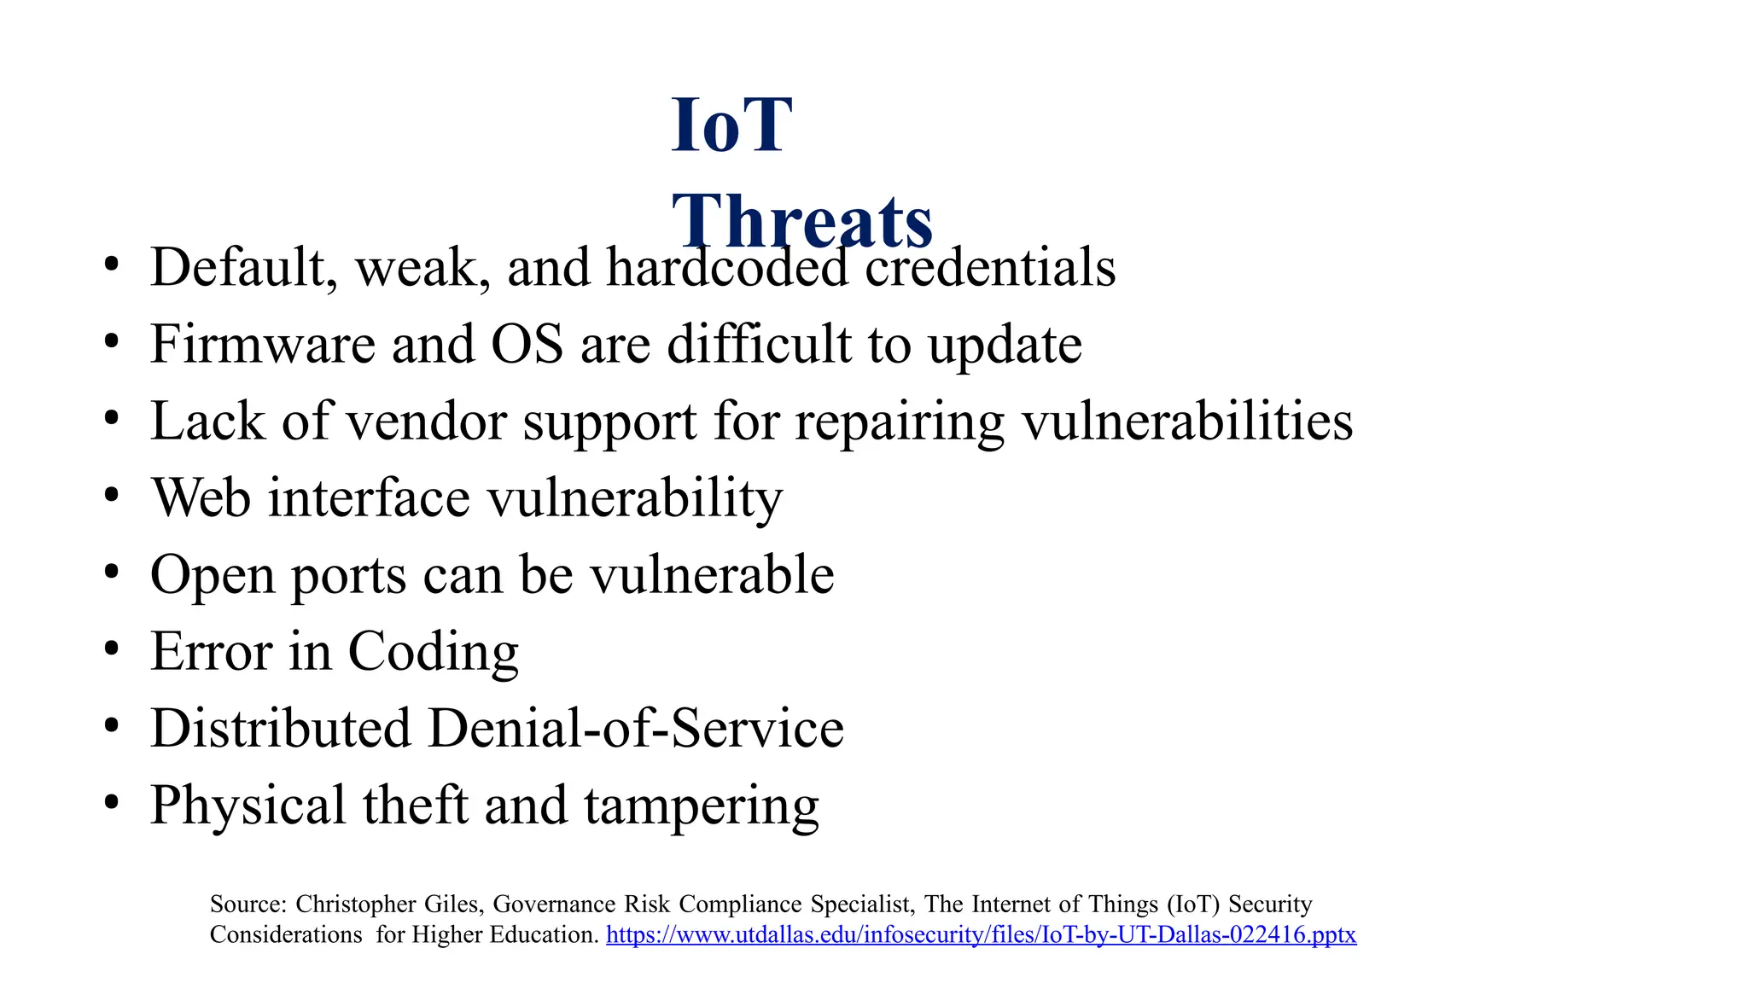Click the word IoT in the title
pos(731,125)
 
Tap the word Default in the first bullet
pos(238,267)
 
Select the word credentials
pos(990,267)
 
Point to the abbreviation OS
pos(527,344)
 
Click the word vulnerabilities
pos(1187,422)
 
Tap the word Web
pos(202,497)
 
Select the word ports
pos(348,576)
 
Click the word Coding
pos(433,652)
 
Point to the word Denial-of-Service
pos(635,729)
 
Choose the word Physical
pos(248,806)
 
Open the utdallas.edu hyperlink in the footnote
pos(981,934)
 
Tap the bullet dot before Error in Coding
pos(111,649)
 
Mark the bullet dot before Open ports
pos(111,573)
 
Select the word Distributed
pos(281,729)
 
